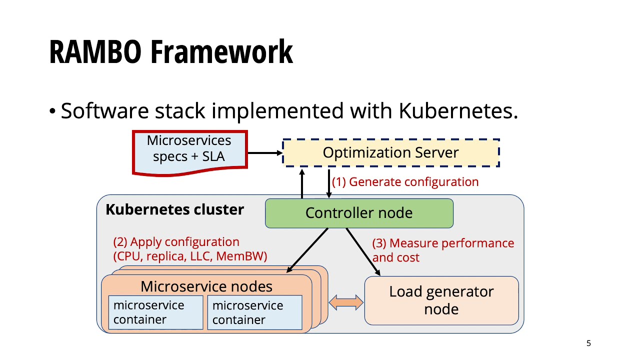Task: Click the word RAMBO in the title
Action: (x=95, y=51)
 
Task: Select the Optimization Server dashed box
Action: (x=390, y=152)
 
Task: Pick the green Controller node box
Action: (x=359, y=213)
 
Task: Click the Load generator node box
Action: (x=441, y=300)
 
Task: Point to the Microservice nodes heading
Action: (x=206, y=286)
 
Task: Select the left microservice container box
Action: (x=155, y=312)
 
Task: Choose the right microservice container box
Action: (x=254, y=312)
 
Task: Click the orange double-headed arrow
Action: (x=346, y=302)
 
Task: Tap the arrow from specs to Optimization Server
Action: (x=265, y=153)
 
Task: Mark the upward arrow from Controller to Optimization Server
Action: (x=302, y=183)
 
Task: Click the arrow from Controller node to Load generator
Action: (x=363, y=252)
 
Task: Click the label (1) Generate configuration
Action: (x=405, y=182)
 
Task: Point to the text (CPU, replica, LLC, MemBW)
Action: (x=190, y=256)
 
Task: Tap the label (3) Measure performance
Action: (x=443, y=243)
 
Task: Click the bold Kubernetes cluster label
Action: (x=174, y=209)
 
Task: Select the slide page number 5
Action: (x=588, y=343)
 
